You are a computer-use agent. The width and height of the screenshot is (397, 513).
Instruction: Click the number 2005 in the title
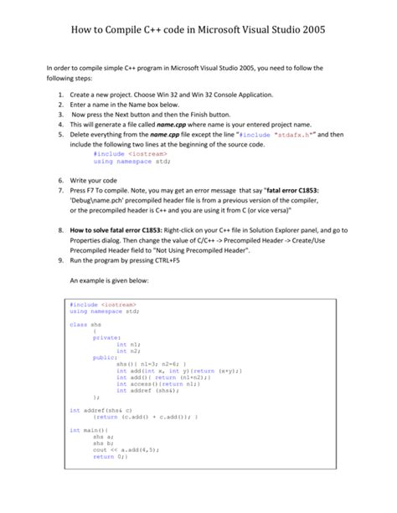click(x=311, y=31)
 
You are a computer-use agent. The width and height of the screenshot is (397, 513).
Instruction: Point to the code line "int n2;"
click(x=128, y=350)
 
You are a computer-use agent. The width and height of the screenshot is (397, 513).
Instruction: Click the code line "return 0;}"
click(x=110, y=457)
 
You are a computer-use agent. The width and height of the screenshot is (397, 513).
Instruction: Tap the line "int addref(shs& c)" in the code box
click(x=101, y=410)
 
